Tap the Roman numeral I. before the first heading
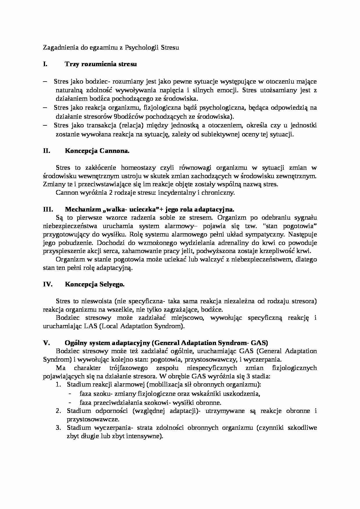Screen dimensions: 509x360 point(45,64)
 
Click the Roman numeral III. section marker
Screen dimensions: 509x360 point(47,210)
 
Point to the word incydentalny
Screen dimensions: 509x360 point(180,193)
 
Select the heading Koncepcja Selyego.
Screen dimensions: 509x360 point(95,284)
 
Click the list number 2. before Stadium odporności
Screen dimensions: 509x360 point(58,411)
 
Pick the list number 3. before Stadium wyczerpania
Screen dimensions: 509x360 point(58,428)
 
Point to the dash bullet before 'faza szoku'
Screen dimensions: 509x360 point(70,394)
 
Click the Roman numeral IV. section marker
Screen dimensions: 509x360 point(47,284)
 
